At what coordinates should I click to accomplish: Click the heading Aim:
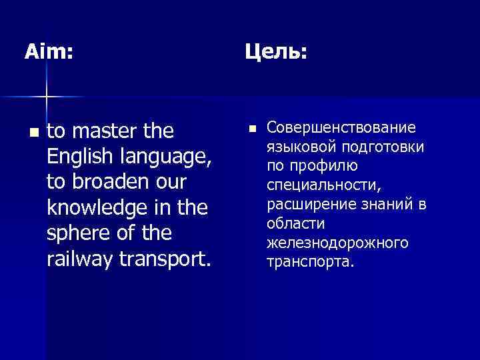(x=49, y=51)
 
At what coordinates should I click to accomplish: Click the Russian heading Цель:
(x=275, y=51)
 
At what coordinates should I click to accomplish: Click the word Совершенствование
(x=341, y=127)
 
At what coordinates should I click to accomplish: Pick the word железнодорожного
(x=337, y=243)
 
